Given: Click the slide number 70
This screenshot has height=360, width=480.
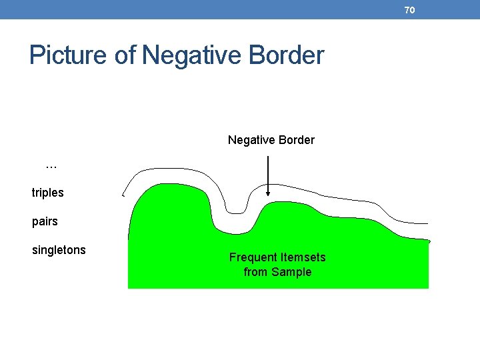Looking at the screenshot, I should pyautogui.click(x=409, y=10).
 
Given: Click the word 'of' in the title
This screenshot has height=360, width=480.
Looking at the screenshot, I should pyautogui.click(x=126, y=55).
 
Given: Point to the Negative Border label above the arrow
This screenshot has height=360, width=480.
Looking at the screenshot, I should pyautogui.click(x=271, y=140).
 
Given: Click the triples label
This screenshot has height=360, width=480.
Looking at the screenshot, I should pyautogui.click(x=48, y=193).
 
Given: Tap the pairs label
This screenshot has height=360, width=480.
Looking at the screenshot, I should pyautogui.click(x=45, y=221).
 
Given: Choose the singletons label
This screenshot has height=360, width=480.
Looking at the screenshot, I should pyautogui.click(x=59, y=250).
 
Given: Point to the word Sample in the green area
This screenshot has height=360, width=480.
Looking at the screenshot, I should pyautogui.click(x=291, y=272).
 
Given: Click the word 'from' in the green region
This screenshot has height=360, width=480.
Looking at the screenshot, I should pyautogui.click(x=255, y=272).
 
